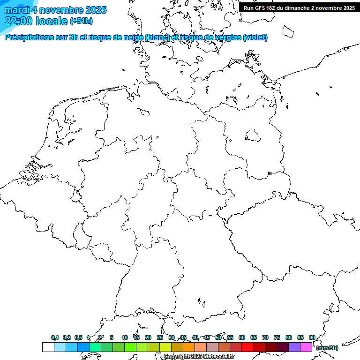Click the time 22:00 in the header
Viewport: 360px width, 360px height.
[x=18, y=21]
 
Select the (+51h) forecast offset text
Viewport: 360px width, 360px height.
[x=81, y=21]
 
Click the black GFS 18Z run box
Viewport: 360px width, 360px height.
[x=299, y=8]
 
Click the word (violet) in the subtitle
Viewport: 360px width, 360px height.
[x=255, y=37]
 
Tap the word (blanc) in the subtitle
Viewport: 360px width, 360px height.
[x=157, y=37]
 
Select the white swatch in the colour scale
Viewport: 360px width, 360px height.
[x=48, y=347]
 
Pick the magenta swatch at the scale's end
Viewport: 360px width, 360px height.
[x=306, y=347]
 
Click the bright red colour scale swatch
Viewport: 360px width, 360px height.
[x=247, y=347]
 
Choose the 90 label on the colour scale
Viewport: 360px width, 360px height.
[x=312, y=337]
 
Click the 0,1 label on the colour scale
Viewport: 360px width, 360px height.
[x=55, y=337]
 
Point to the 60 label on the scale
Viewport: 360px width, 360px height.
[x=242, y=337]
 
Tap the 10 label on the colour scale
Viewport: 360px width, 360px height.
[x=125, y=337]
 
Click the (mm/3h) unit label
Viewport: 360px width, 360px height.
[x=327, y=348]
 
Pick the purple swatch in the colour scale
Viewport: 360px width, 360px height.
[x=294, y=347]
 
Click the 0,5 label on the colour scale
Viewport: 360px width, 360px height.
[x=78, y=337]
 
